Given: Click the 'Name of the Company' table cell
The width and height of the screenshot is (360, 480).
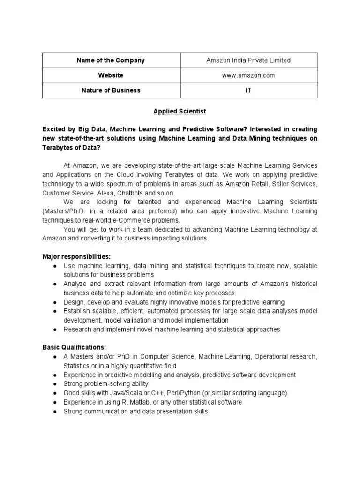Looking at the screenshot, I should point(111,60).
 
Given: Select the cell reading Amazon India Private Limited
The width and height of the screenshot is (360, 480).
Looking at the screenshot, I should point(248,60).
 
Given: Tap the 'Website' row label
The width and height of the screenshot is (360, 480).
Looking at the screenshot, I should point(111,75).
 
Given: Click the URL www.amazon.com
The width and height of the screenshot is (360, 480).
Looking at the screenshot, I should point(248,75).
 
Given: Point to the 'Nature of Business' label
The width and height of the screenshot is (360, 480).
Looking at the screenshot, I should point(111,90).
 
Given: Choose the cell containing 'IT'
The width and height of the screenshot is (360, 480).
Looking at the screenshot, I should point(248,90).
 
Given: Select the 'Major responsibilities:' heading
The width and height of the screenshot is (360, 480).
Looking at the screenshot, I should point(76,257).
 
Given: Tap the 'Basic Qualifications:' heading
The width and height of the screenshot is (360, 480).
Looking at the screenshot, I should point(74,348).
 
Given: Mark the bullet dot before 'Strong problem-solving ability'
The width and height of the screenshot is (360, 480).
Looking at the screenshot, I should point(55,384).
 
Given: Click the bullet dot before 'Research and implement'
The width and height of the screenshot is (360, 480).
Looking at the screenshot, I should point(55,330).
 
